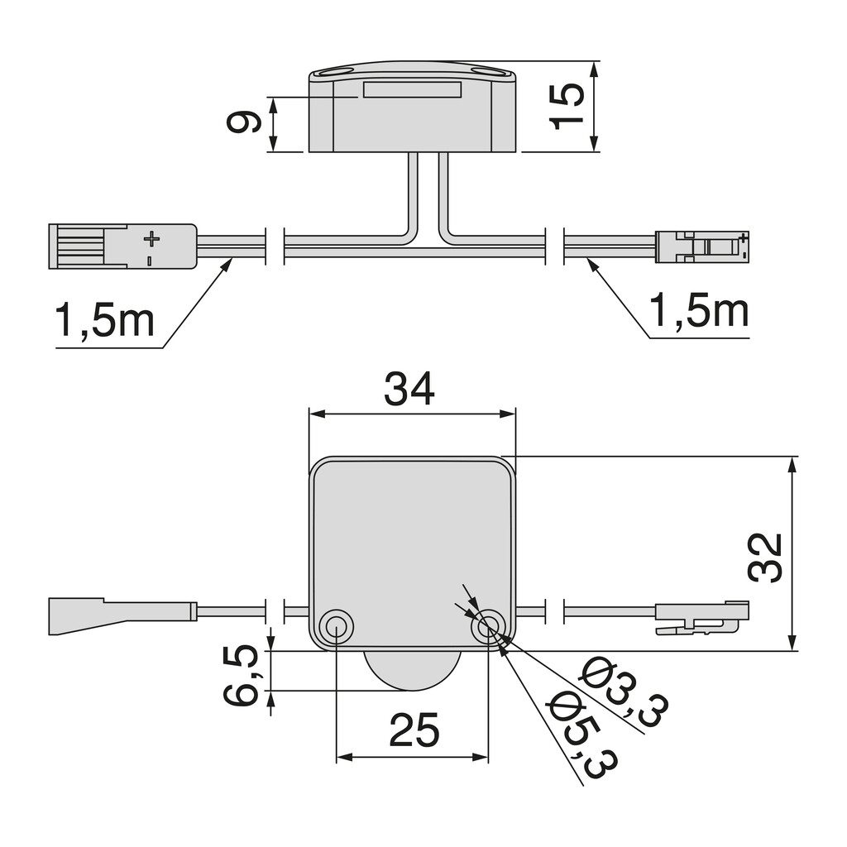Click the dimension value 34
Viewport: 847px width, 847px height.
tap(409, 389)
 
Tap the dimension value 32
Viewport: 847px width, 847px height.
tap(765, 557)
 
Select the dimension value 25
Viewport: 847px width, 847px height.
tap(414, 730)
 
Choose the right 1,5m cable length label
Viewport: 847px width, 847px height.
tap(699, 310)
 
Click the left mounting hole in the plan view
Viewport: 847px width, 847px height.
tap(336, 627)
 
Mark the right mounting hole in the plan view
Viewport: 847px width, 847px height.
tap(488, 627)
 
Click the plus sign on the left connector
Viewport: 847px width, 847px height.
tap(151, 239)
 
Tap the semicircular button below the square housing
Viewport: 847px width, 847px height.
tap(411, 669)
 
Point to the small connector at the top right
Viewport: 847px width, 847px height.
tap(702, 246)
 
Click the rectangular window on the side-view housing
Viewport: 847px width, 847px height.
tap(411, 89)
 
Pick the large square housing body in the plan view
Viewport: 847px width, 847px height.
tap(411, 538)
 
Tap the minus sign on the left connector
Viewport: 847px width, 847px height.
tap(150, 261)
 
